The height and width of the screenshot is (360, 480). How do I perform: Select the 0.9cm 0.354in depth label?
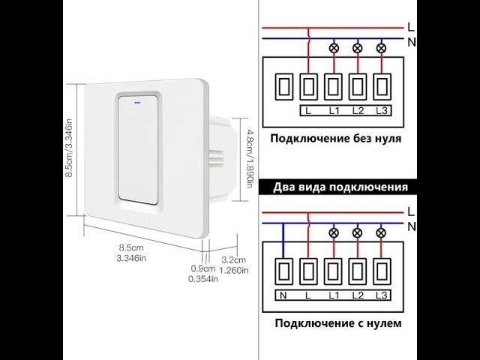[202, 273]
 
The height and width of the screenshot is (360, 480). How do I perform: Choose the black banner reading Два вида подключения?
[340, 187]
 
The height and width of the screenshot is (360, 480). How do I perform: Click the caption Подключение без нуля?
[335, 138]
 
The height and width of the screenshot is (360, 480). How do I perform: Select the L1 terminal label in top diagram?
[333, 112]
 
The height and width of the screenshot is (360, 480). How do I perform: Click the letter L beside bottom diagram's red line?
[411, 211]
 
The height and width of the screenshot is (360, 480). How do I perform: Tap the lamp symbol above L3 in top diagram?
[380, 49]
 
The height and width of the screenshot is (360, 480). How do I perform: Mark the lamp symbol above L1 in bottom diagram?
[333, 234]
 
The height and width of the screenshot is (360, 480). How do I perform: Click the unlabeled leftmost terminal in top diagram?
[284, 86]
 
